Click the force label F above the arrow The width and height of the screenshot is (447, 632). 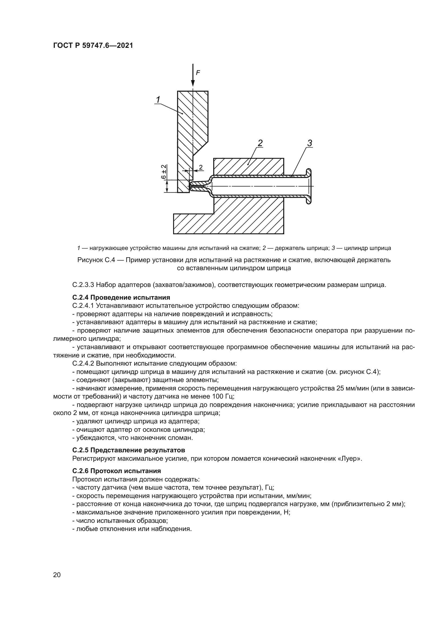(198, 73)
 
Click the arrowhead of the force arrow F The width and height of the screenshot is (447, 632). (193, 84)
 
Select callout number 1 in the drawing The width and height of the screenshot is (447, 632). (158, 100)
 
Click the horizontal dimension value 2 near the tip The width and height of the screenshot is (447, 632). (201, 167)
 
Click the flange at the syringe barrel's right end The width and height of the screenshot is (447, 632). (309, 186)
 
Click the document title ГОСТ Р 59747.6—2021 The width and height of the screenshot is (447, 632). (93, 46)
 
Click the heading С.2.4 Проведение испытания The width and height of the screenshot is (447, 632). (121, 297)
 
